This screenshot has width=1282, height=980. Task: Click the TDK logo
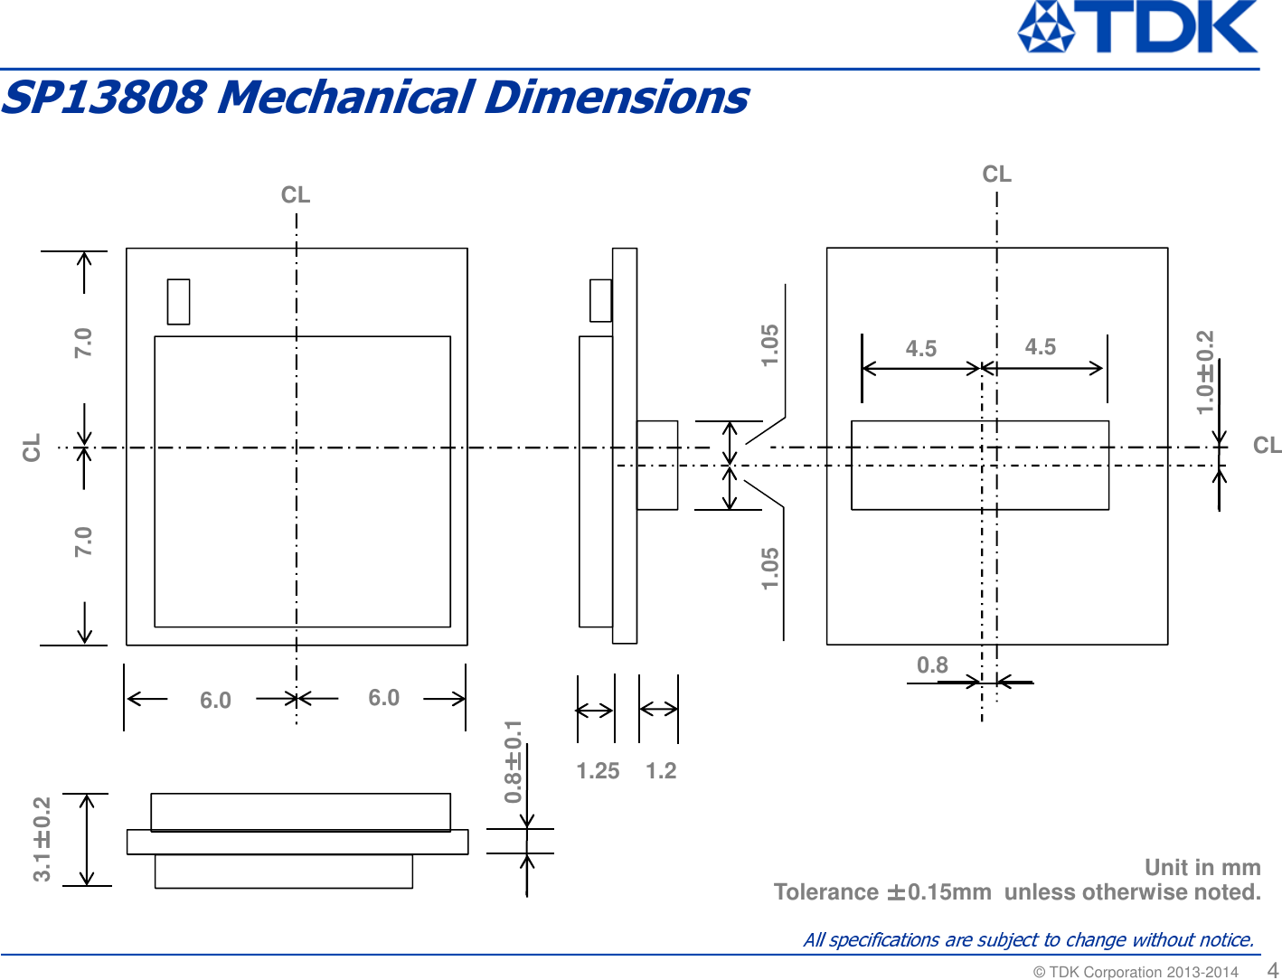pos(1137,27)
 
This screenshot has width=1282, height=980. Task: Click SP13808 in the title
pos(104,98)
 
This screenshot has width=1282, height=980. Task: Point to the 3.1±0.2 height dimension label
pos(42,839)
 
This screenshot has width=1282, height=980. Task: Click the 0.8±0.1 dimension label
pos(513,762)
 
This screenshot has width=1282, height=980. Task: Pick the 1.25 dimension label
pos(598,771)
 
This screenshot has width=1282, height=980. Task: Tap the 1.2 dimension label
pos(661,771)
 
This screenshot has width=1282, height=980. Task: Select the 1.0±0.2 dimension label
pos(1205,372)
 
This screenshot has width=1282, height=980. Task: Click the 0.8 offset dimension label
pos(932,665)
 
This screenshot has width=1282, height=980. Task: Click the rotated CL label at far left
pos(32,448)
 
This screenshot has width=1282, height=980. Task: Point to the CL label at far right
pos(1267,445)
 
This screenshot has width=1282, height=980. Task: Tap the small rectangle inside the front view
pos(178,301)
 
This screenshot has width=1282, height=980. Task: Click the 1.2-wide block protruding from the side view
pos(657,465)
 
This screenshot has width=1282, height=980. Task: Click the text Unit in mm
pos(1202,867)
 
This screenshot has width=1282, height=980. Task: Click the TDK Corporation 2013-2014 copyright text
pos(1136,972)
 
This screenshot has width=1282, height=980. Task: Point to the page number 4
pos(1272,970)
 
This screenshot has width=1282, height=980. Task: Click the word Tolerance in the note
pos(825,892)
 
